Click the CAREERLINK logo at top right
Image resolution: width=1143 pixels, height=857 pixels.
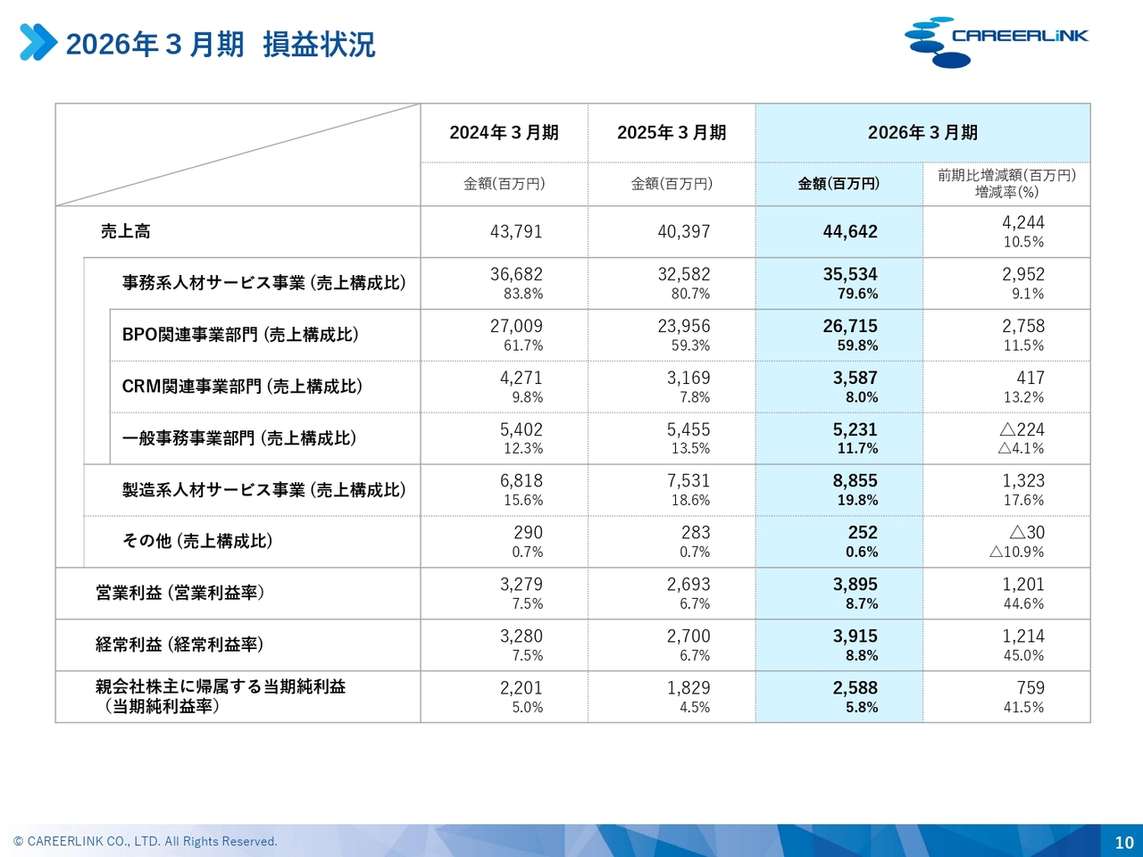click(996, 42)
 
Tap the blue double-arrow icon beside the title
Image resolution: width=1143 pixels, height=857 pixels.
click(38, 42)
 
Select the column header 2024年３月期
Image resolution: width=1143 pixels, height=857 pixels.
click(504, 133)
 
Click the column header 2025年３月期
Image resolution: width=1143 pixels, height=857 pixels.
click(672, 133)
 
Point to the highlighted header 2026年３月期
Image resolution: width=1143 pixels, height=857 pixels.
click(922, 133)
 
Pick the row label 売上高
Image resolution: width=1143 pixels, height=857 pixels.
click(126, 231)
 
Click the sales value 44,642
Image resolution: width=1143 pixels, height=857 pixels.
click(850, 231)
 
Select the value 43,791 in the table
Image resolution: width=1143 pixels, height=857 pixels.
click(516, 231)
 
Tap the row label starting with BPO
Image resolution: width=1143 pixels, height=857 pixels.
click(240, 335)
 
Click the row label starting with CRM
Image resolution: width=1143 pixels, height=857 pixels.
click(242, 387)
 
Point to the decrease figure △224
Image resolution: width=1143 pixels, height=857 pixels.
click(1022, 429)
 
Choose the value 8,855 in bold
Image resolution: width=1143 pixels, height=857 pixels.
click(855, 481)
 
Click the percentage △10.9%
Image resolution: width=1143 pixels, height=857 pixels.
click(1016, 552)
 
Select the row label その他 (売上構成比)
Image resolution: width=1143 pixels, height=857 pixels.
click(197, 541)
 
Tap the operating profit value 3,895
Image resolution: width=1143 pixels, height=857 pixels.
click(855, 585)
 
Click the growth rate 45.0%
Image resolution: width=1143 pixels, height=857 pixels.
click(1023, 655)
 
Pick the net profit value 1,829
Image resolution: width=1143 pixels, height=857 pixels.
click(688, 688)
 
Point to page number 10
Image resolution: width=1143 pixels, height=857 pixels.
click(1124, 842)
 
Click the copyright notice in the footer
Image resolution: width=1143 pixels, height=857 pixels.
click(145, 842)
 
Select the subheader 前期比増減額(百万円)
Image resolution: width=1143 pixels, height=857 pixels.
click(1007, 175)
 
